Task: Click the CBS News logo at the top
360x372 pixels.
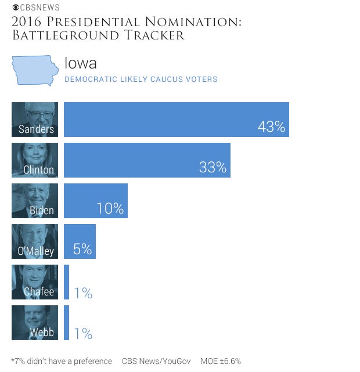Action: [x=35, y=8]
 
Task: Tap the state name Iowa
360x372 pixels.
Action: [x=80, y=63]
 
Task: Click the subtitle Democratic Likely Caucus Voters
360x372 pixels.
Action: [x=141, y=79]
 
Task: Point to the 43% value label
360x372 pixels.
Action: [x=271, y=127]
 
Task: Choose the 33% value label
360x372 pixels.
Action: [x=213, y=168]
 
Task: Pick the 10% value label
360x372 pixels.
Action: [x=110, y=208]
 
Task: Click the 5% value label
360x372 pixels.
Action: [x=82, y=249]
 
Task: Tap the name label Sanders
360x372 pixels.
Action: [x=36, y=129]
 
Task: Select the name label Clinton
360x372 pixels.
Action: [x=38, y=170]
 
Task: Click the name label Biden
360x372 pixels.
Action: [x=42, y=211]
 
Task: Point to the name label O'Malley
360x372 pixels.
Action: [x=35, y=251]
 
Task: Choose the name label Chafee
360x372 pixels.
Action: [x=39, y=292]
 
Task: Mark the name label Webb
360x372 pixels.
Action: [x=42, y=333]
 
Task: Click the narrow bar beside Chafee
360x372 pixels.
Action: [x=66, y=282]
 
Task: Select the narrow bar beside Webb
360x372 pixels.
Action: [x=66, y=323]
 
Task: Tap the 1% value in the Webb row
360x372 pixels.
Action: [x=82, y=334]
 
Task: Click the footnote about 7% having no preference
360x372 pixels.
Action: [x=62, y=361]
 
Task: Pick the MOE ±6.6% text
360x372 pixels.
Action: [x=221, y=361]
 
